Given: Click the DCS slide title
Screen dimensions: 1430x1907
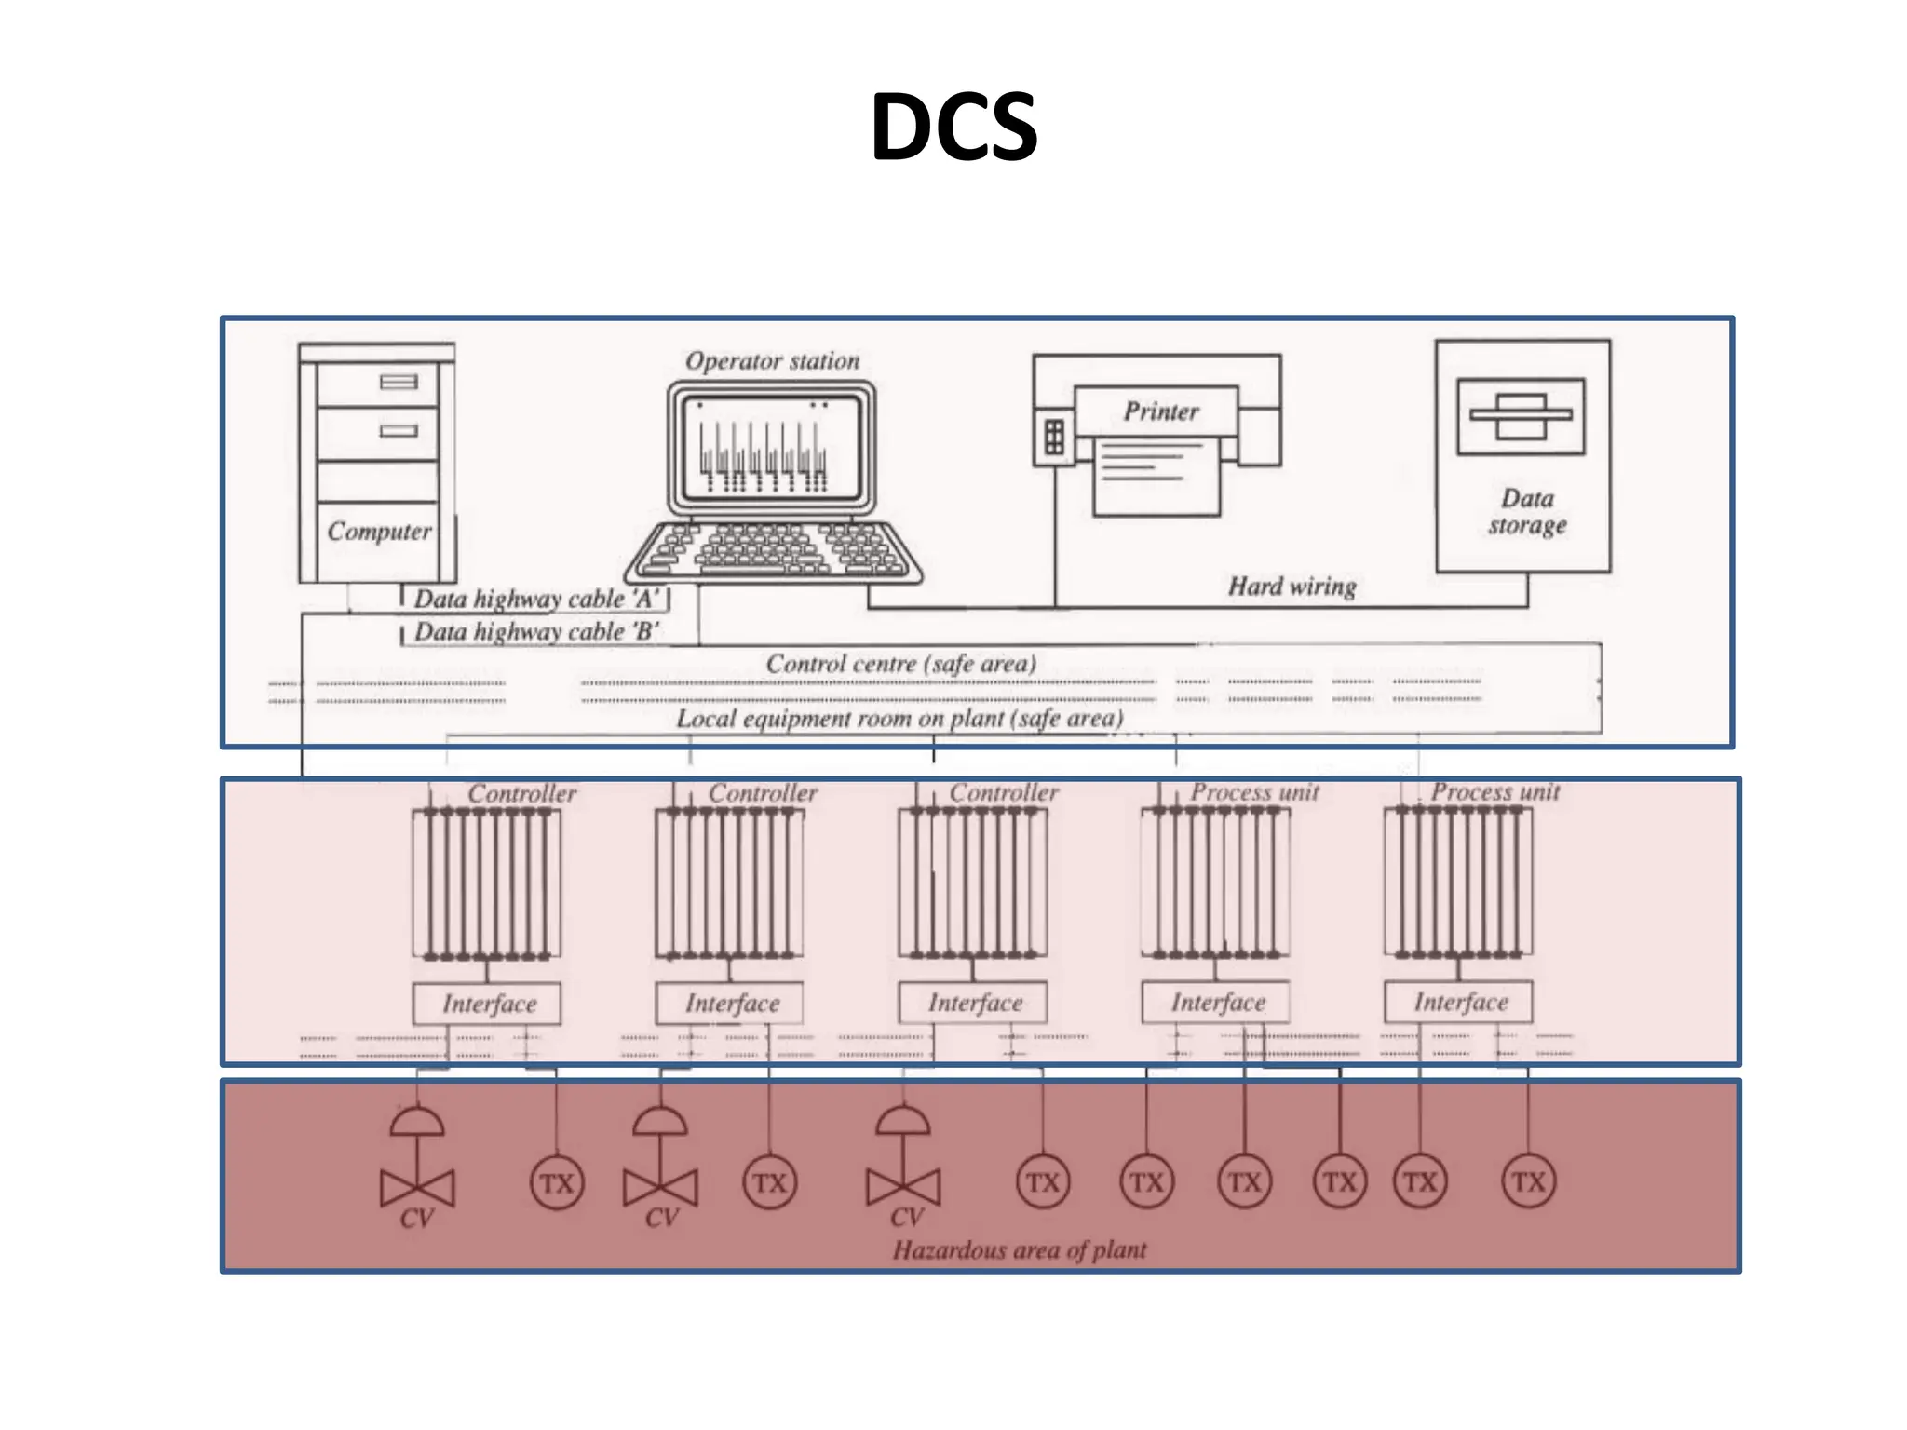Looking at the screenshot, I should coord(953,127).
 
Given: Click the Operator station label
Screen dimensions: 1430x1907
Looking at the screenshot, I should coord(772,361).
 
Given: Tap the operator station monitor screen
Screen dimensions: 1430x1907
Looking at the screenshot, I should coord(770,447).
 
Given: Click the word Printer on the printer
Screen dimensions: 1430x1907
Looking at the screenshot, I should coord(1160,411).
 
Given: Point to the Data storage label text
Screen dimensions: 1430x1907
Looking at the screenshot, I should coord(1527,512).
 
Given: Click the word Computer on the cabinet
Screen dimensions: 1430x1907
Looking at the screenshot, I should coord(379,532).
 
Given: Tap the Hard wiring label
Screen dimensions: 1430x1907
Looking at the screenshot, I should coord(1292,587).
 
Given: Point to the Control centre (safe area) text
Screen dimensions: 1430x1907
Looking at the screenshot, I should coord(900,664).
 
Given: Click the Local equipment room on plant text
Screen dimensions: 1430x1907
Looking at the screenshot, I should coord(899,719).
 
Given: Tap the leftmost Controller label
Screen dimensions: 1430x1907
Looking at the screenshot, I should coord(521,794).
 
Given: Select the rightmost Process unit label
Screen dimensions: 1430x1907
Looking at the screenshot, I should coord(1494,792).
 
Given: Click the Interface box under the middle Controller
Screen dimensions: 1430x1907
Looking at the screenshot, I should coord(974,1003).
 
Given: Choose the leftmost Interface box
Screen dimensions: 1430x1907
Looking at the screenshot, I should coord(488,1004).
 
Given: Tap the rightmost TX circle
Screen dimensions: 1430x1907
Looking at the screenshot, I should coord(1528,1182).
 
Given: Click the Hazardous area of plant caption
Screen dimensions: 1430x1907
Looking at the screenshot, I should coord(1020,1249).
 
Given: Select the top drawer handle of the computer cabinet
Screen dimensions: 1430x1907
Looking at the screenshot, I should coord(399,382).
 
